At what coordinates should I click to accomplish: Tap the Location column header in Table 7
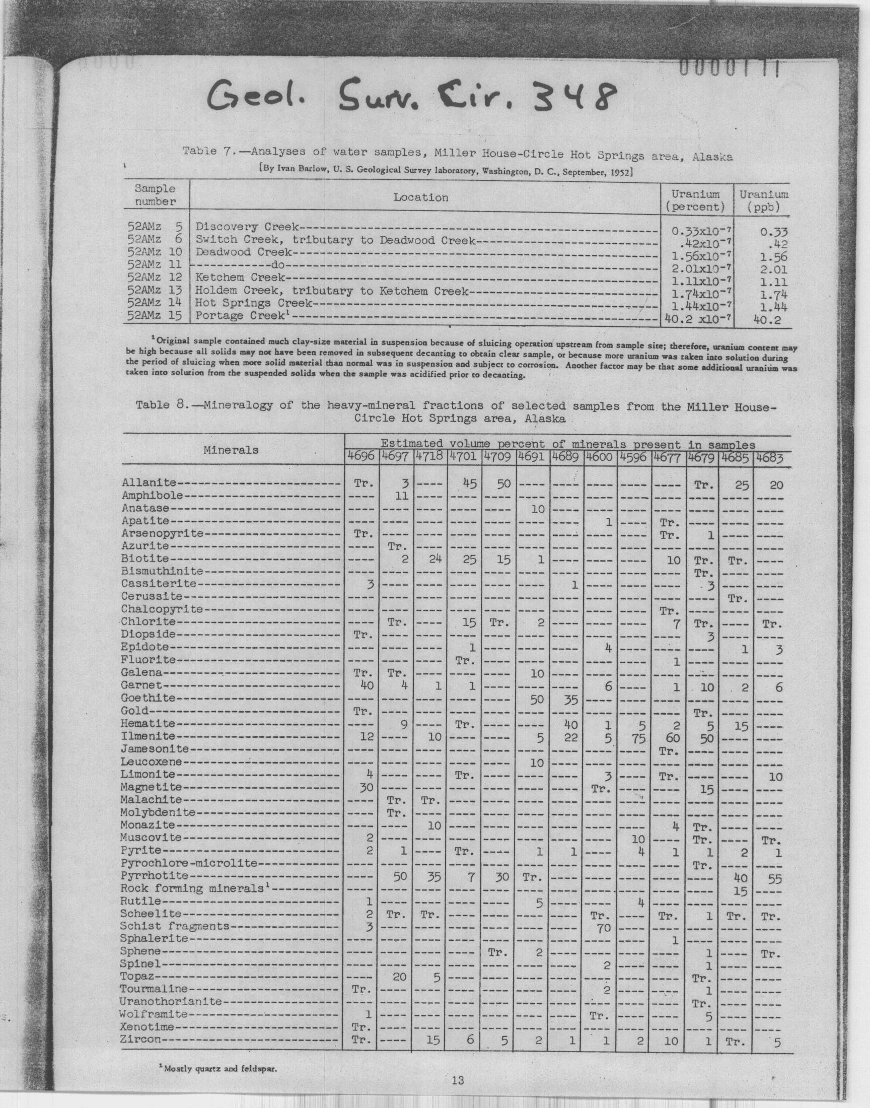(x=420, y=197)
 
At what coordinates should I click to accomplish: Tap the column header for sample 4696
(x=360, y=457)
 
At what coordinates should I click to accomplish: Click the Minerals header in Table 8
(x=231, y=450)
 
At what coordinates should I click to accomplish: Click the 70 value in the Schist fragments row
(x=603, y=928)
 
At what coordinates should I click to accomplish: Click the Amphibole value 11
(x=401, y=495)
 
